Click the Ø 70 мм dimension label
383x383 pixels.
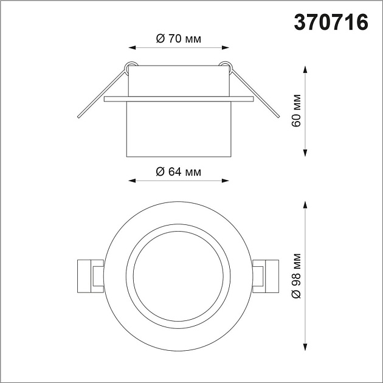pyautogui.click(x=179, y=38)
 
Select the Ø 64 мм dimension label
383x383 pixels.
pyautogui.click(x=179, y=172)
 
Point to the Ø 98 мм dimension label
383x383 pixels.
pyautogui.click(x=297, y=275)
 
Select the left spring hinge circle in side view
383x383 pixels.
pyautogui.click(x=129, y=65)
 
